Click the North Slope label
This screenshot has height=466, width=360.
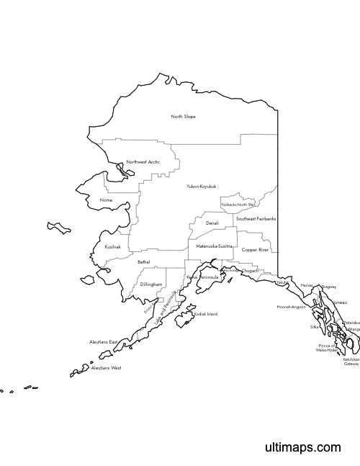(183, 117)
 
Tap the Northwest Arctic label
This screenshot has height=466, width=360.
(143, 162)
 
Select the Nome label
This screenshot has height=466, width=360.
(107, 200)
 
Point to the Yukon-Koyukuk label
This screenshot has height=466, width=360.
(201, 187)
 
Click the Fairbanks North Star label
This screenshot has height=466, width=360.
(238, 205)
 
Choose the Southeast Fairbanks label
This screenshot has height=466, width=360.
(256, 218)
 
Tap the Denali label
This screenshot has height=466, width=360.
(212, 223)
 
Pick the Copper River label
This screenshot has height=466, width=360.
(255, 250)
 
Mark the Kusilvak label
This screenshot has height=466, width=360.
(112, 246)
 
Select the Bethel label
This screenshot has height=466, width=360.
(143, 262)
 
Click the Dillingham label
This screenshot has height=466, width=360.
(151, 284)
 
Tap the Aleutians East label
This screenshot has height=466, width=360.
(103, 341)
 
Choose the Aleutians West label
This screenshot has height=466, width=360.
(106, 368)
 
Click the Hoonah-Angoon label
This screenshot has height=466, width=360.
(292, 307)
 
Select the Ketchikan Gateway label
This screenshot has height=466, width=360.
(351, 362)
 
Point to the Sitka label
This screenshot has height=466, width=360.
(314, 327)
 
